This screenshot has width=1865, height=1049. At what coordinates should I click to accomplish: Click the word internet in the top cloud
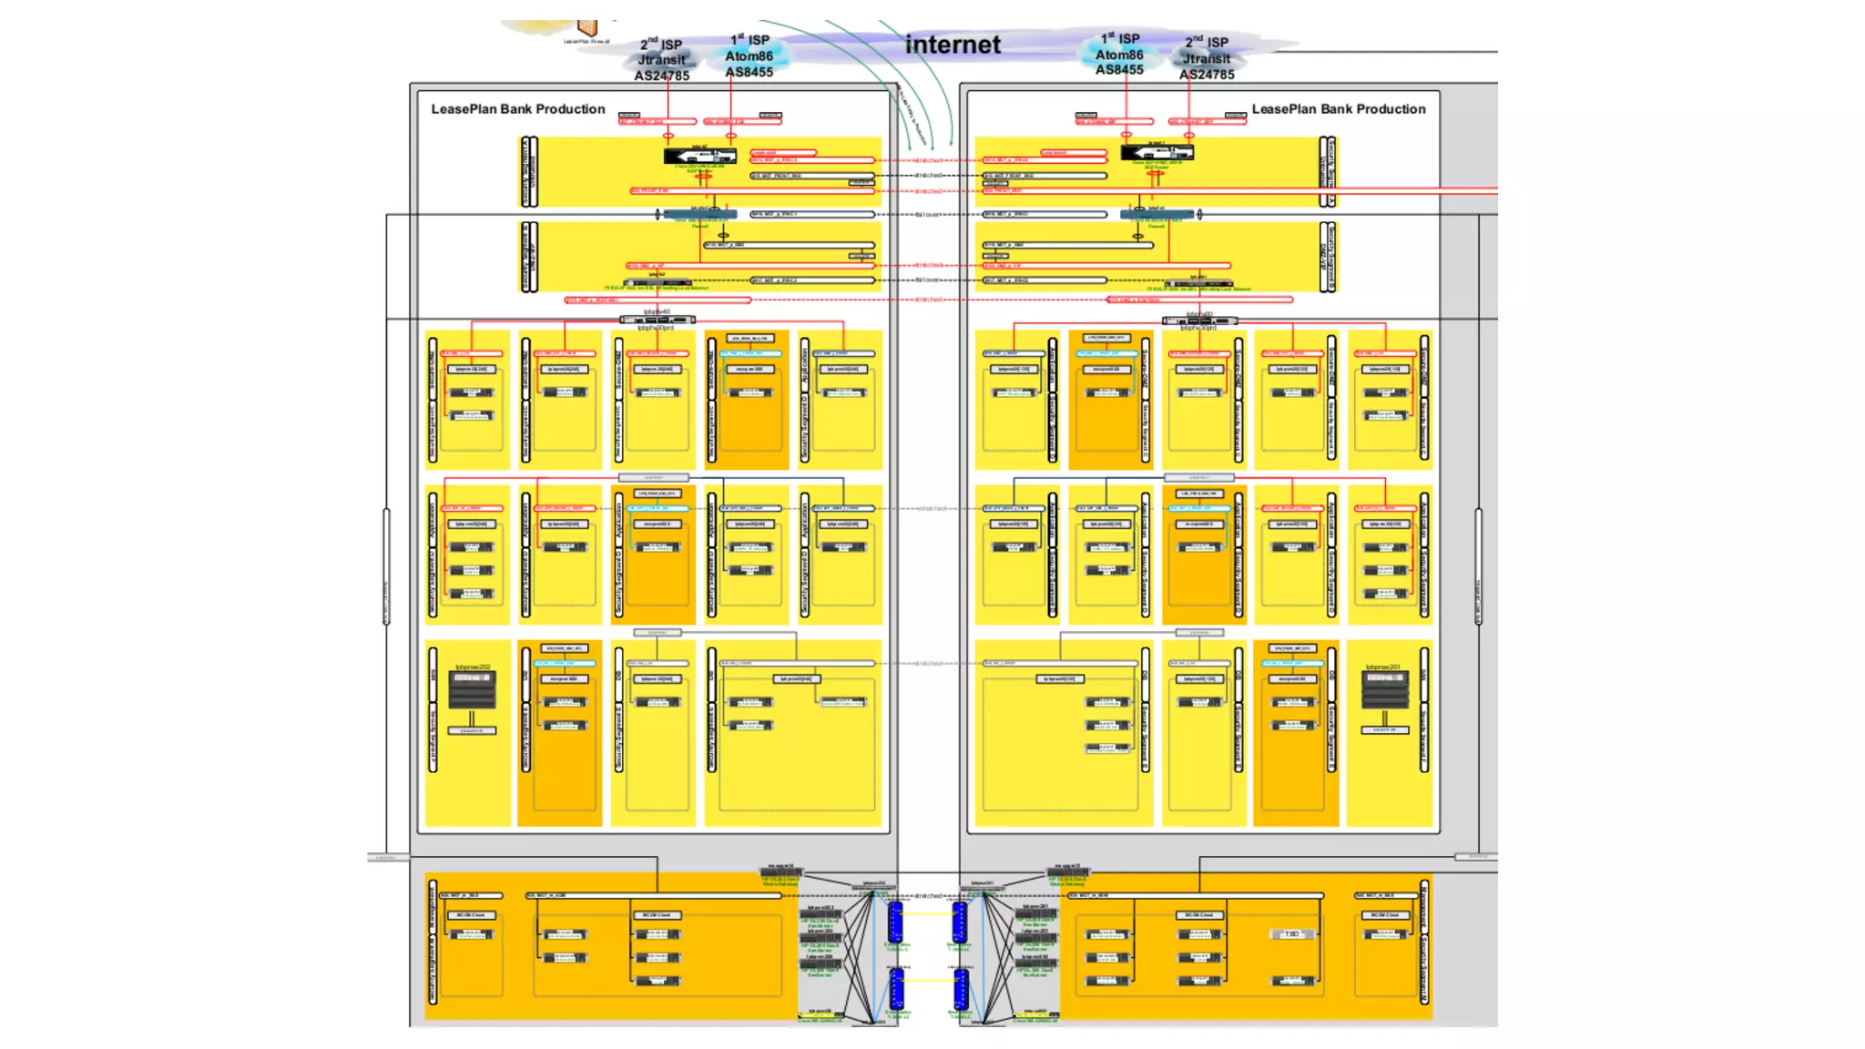[x=953, y=45]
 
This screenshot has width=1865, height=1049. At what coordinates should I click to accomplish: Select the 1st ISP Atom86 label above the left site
[x=749, y=56]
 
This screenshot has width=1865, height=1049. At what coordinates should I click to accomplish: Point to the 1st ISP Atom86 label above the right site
[x=1119, y=54]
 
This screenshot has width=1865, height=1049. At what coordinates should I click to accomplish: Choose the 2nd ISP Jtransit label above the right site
[x=1207, y=58]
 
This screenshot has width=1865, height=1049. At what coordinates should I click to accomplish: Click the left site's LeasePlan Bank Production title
[x=517, y=109]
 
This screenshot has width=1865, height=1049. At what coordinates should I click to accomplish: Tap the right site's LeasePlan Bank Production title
[x=1338, y=109]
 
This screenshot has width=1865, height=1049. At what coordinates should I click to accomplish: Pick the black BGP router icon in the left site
[x=699, y=156]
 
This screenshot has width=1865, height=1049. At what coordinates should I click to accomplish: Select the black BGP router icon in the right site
[x=1157, y=152]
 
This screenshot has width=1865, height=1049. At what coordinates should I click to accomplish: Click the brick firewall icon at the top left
[x=587, y=28]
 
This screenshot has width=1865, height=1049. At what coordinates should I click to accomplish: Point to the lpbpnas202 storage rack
[x=472, y=691]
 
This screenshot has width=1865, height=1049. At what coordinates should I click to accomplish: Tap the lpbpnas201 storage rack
[x=1384, y=689]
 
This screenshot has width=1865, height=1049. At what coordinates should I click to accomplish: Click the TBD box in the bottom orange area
[x=1291, y=934]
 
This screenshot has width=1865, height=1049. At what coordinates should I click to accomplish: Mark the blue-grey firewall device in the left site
[x=699, y=215]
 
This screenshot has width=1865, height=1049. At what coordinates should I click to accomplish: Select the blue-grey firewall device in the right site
[x=1157, y=215]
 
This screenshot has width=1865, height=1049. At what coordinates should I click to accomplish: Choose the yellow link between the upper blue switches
[x=927, y=914]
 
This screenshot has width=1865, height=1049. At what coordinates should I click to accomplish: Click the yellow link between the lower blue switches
[x=927, y=981]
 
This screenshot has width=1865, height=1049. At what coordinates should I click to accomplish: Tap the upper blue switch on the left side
[x=895, y=922]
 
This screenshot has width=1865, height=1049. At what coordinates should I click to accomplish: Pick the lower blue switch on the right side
[x=960, y=989]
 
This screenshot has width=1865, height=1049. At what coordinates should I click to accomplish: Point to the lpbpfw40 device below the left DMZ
[x=657, y=320]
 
